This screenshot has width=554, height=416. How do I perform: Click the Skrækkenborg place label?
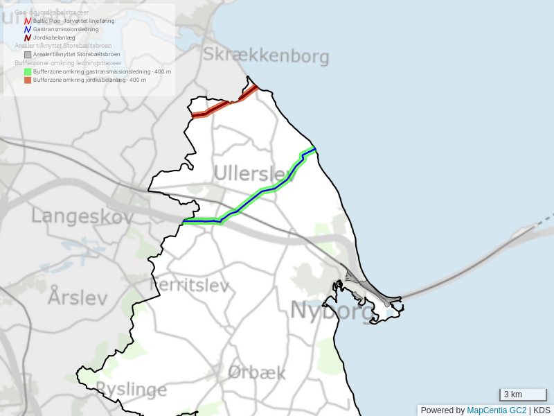265,56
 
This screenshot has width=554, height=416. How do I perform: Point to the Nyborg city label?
332,310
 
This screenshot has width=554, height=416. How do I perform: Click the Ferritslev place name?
189,285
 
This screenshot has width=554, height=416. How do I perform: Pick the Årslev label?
78,297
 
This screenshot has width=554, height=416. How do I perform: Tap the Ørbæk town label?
256,372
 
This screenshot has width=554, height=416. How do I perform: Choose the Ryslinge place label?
131,389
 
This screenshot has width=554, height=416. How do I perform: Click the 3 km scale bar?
523,395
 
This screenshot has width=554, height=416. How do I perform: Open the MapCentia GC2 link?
497,410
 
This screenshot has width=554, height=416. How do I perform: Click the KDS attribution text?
542,410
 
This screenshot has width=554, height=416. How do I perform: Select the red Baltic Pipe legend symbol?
28,21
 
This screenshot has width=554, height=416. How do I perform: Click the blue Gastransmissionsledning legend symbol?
28,30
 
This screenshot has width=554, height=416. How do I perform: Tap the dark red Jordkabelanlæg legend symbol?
28,38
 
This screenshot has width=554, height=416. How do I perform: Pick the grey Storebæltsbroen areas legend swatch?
28,54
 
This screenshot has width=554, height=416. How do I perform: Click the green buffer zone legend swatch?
28,71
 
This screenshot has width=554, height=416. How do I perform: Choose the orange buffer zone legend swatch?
28,80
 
